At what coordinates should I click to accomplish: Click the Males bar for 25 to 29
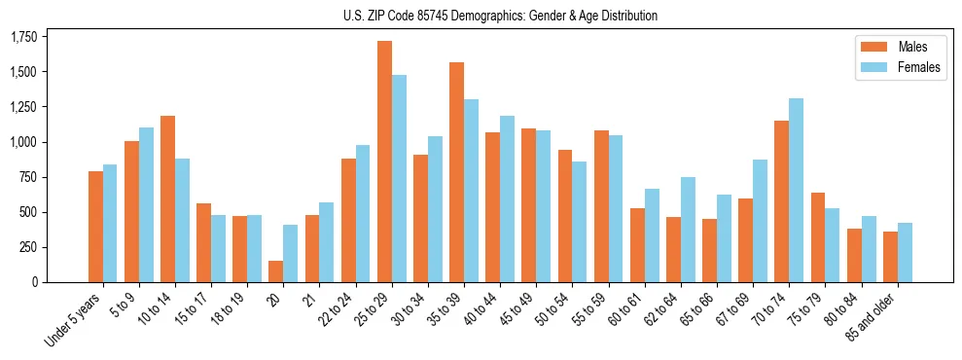384,162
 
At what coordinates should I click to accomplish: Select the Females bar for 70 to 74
797,190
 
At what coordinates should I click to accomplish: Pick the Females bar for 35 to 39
471,191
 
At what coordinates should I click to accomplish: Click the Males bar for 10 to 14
167,198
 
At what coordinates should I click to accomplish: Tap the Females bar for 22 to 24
363,213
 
